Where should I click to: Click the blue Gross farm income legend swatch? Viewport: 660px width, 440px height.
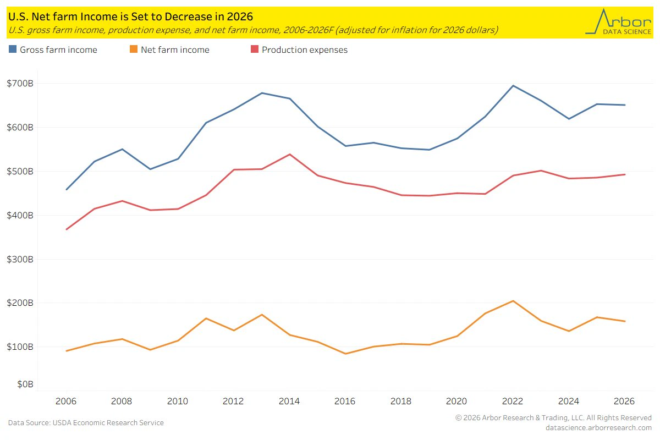click(x=13, y=49)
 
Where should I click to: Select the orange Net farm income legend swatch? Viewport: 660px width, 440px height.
click(x=134, y=49)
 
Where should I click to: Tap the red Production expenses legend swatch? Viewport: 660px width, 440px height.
click(x=255, y=49)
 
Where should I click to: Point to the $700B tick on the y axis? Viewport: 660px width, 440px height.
click(x=20, y=84)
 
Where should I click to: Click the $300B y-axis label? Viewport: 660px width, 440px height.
click(x=20, y=260)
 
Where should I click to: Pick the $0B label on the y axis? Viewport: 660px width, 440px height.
click(x=25, y=384)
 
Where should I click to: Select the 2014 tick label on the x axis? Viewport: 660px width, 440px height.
click(x=289, y=401)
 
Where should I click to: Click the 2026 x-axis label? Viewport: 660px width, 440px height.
click(x=624, y=401)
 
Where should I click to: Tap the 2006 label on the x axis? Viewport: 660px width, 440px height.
click(x=65, y=401)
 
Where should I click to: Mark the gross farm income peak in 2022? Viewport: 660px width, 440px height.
click(x=513, y=86)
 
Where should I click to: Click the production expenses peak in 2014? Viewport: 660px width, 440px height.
click(x=290, y=155)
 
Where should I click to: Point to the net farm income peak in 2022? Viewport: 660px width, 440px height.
click(x=513, y=301)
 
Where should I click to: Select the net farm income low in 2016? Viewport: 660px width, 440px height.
click(x=345, y=354)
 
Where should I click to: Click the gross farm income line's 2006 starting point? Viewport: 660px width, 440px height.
click(x=67, y=190)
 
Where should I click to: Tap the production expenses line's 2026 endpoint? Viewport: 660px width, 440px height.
click(x=625, y=174)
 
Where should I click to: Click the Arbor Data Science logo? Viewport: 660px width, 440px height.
click(x=618, y=22)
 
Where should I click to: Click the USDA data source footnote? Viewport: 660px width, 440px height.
click(x=86, y=422)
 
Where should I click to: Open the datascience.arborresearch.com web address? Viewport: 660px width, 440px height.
click(x=598, y=427)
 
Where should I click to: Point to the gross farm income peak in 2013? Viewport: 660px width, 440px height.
click(x=262, y=93)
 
